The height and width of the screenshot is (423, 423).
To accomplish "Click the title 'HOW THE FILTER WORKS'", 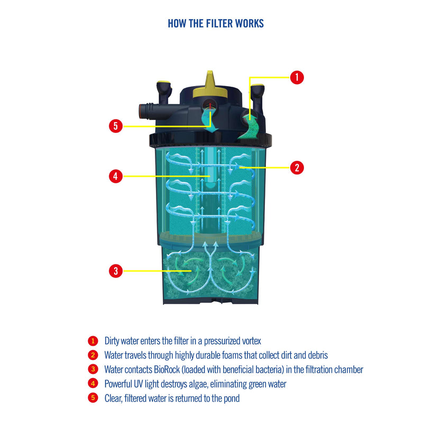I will (215, 24).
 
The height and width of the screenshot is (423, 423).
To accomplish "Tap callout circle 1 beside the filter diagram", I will (297, 77).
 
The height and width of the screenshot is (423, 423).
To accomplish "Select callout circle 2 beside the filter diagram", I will (297, 168).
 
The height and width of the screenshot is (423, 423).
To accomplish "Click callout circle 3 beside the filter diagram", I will (116, 271).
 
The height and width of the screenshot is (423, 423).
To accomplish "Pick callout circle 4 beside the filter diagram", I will (116, 176).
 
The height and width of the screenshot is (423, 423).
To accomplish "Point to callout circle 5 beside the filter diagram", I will (116, 126).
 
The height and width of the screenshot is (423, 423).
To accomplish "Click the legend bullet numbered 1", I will (93, 341).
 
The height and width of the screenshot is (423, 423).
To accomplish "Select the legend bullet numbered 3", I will (93, 370).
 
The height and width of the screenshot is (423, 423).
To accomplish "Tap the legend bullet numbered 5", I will (93, 398).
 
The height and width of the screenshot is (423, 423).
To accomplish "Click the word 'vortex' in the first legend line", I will (250, 341).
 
